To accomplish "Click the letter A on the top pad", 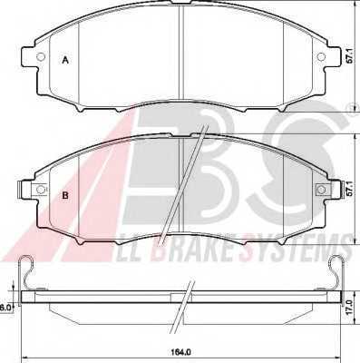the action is [65, 60].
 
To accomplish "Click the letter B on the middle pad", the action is [65, 195].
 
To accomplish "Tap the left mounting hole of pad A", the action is [40, 56].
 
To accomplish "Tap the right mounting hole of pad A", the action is [321, 56].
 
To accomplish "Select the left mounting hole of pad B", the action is [40, 190].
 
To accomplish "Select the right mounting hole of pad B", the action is [321, 190].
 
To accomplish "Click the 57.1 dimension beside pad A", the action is [350, 56].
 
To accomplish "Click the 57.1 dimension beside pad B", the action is [350, 189].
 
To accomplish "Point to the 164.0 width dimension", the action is [182, 352].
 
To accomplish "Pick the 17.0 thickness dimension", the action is [350, 308].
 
